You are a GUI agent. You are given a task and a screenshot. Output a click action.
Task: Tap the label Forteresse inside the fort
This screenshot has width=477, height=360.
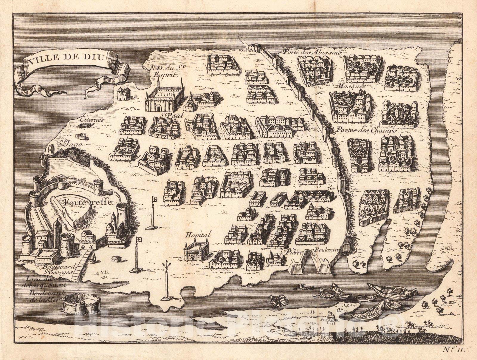coord(87,202)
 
